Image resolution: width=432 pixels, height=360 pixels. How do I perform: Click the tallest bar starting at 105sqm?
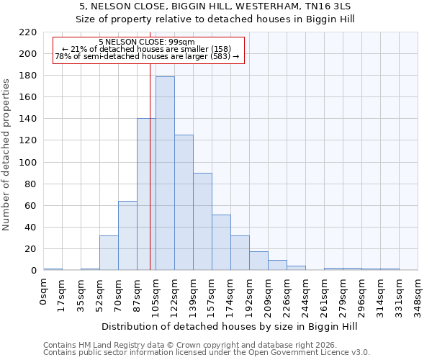[x=165, y=173]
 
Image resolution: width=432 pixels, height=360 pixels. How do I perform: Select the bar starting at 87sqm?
[x=146, y=194]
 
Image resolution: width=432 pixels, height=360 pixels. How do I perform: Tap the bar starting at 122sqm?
[x=184, y=202]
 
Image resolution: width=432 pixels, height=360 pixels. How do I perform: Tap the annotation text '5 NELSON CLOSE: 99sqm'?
[x=146, y=42]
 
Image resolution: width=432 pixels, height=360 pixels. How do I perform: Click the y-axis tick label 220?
[x=29, y=32]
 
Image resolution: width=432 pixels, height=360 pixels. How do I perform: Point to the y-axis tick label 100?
[x=29, y=163]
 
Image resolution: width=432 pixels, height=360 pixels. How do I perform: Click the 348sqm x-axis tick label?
[x=418, y=295]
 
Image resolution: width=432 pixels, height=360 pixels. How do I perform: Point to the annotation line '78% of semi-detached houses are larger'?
[x=146, y=56]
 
